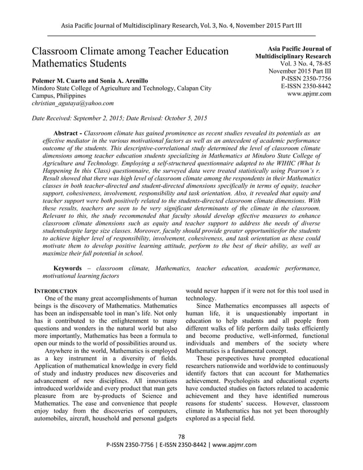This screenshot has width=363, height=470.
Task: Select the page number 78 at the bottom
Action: (181, 436)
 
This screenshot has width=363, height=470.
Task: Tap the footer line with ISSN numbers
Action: (181, 444)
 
